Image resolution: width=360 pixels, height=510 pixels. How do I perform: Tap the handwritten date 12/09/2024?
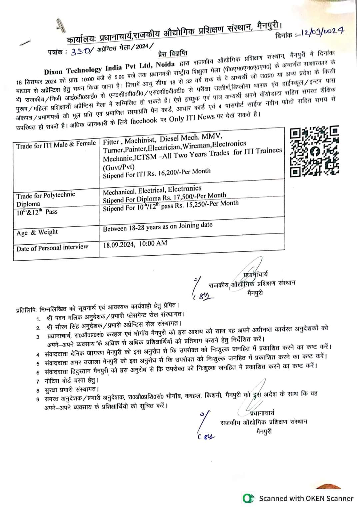tap(322, 32)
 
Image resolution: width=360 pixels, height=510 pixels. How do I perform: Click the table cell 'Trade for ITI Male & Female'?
tap(56, 144)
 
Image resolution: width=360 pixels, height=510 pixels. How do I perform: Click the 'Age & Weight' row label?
tap(37, 232)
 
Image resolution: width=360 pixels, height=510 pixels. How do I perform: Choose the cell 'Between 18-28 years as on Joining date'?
tap(158, 227)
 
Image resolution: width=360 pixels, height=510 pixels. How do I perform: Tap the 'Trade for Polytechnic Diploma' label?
tap(46, 199)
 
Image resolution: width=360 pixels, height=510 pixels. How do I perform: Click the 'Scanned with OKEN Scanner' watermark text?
tap(306, 498)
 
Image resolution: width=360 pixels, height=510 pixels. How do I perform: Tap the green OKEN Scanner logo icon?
tap(247, 498)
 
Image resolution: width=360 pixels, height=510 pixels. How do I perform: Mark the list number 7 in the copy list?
tap(38, 381)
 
